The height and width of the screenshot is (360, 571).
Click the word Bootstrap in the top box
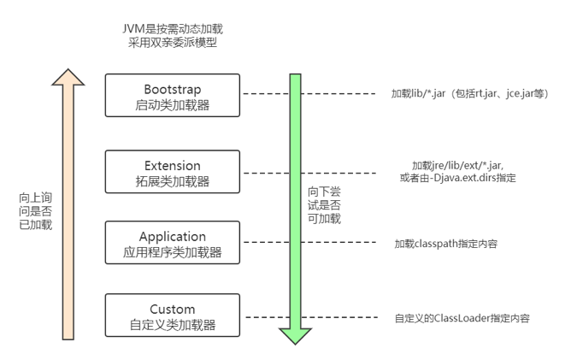pos(173,88)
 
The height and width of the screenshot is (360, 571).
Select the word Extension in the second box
pos(173,165)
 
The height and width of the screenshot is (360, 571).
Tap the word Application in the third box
pos(173,236)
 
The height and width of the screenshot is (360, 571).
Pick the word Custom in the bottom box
pos(173,309)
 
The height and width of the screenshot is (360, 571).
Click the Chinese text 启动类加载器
pos(173,105)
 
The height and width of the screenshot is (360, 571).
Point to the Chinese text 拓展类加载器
pos(173,181)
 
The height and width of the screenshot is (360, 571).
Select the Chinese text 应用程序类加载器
pos(173,253)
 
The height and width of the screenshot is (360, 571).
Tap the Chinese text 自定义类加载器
pos(173,325)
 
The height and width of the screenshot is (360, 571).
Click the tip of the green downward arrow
pos(296,340)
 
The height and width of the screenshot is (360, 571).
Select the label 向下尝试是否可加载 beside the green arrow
pos(324,204)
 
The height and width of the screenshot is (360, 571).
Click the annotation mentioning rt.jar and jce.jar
pos(464,92)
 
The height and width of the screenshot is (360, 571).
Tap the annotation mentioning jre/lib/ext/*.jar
pos(463,171)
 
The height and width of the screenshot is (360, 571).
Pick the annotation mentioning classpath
pos(445,244)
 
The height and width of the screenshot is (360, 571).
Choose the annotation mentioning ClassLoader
pos(462,318)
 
